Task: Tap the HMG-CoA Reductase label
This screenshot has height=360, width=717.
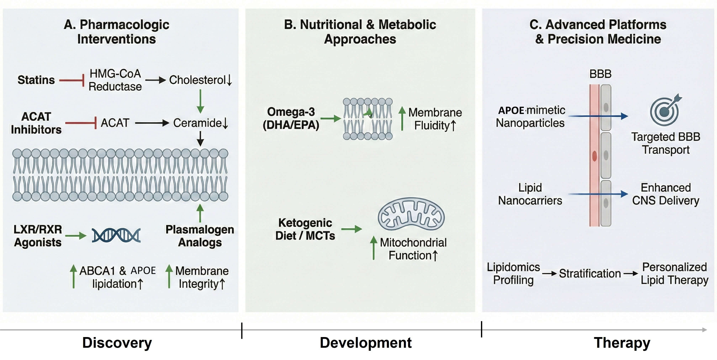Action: tap(115, 80)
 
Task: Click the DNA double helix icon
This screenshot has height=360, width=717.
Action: tap(116, 235)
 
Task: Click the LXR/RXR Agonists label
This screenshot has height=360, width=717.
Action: tap(38, 236)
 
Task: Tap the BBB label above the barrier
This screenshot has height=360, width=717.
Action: tap(600, 74)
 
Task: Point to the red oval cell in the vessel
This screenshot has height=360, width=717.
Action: tap(594, 156)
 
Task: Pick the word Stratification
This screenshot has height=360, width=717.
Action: tap(590, 273)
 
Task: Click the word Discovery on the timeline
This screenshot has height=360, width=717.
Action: tap(117, 342)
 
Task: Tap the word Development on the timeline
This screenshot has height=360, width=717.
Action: tap(366, 342)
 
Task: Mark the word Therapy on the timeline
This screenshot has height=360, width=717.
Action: tap(622, 342)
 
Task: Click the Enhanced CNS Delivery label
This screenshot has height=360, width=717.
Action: tap(666, 194)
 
